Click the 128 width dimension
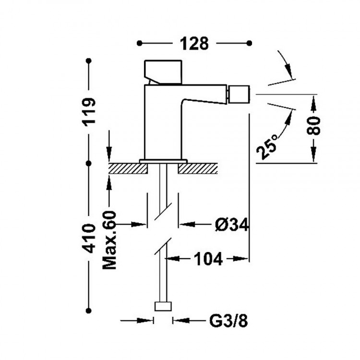coord(194,43)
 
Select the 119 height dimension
coord(89,111)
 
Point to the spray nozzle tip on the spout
coord(240,94)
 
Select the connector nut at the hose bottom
coord(163,307)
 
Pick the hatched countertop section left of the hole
coord(127,168)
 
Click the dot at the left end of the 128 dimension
coord(139,43)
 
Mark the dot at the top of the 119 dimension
coord(89,61)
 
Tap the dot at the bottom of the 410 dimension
coord(89,310)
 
